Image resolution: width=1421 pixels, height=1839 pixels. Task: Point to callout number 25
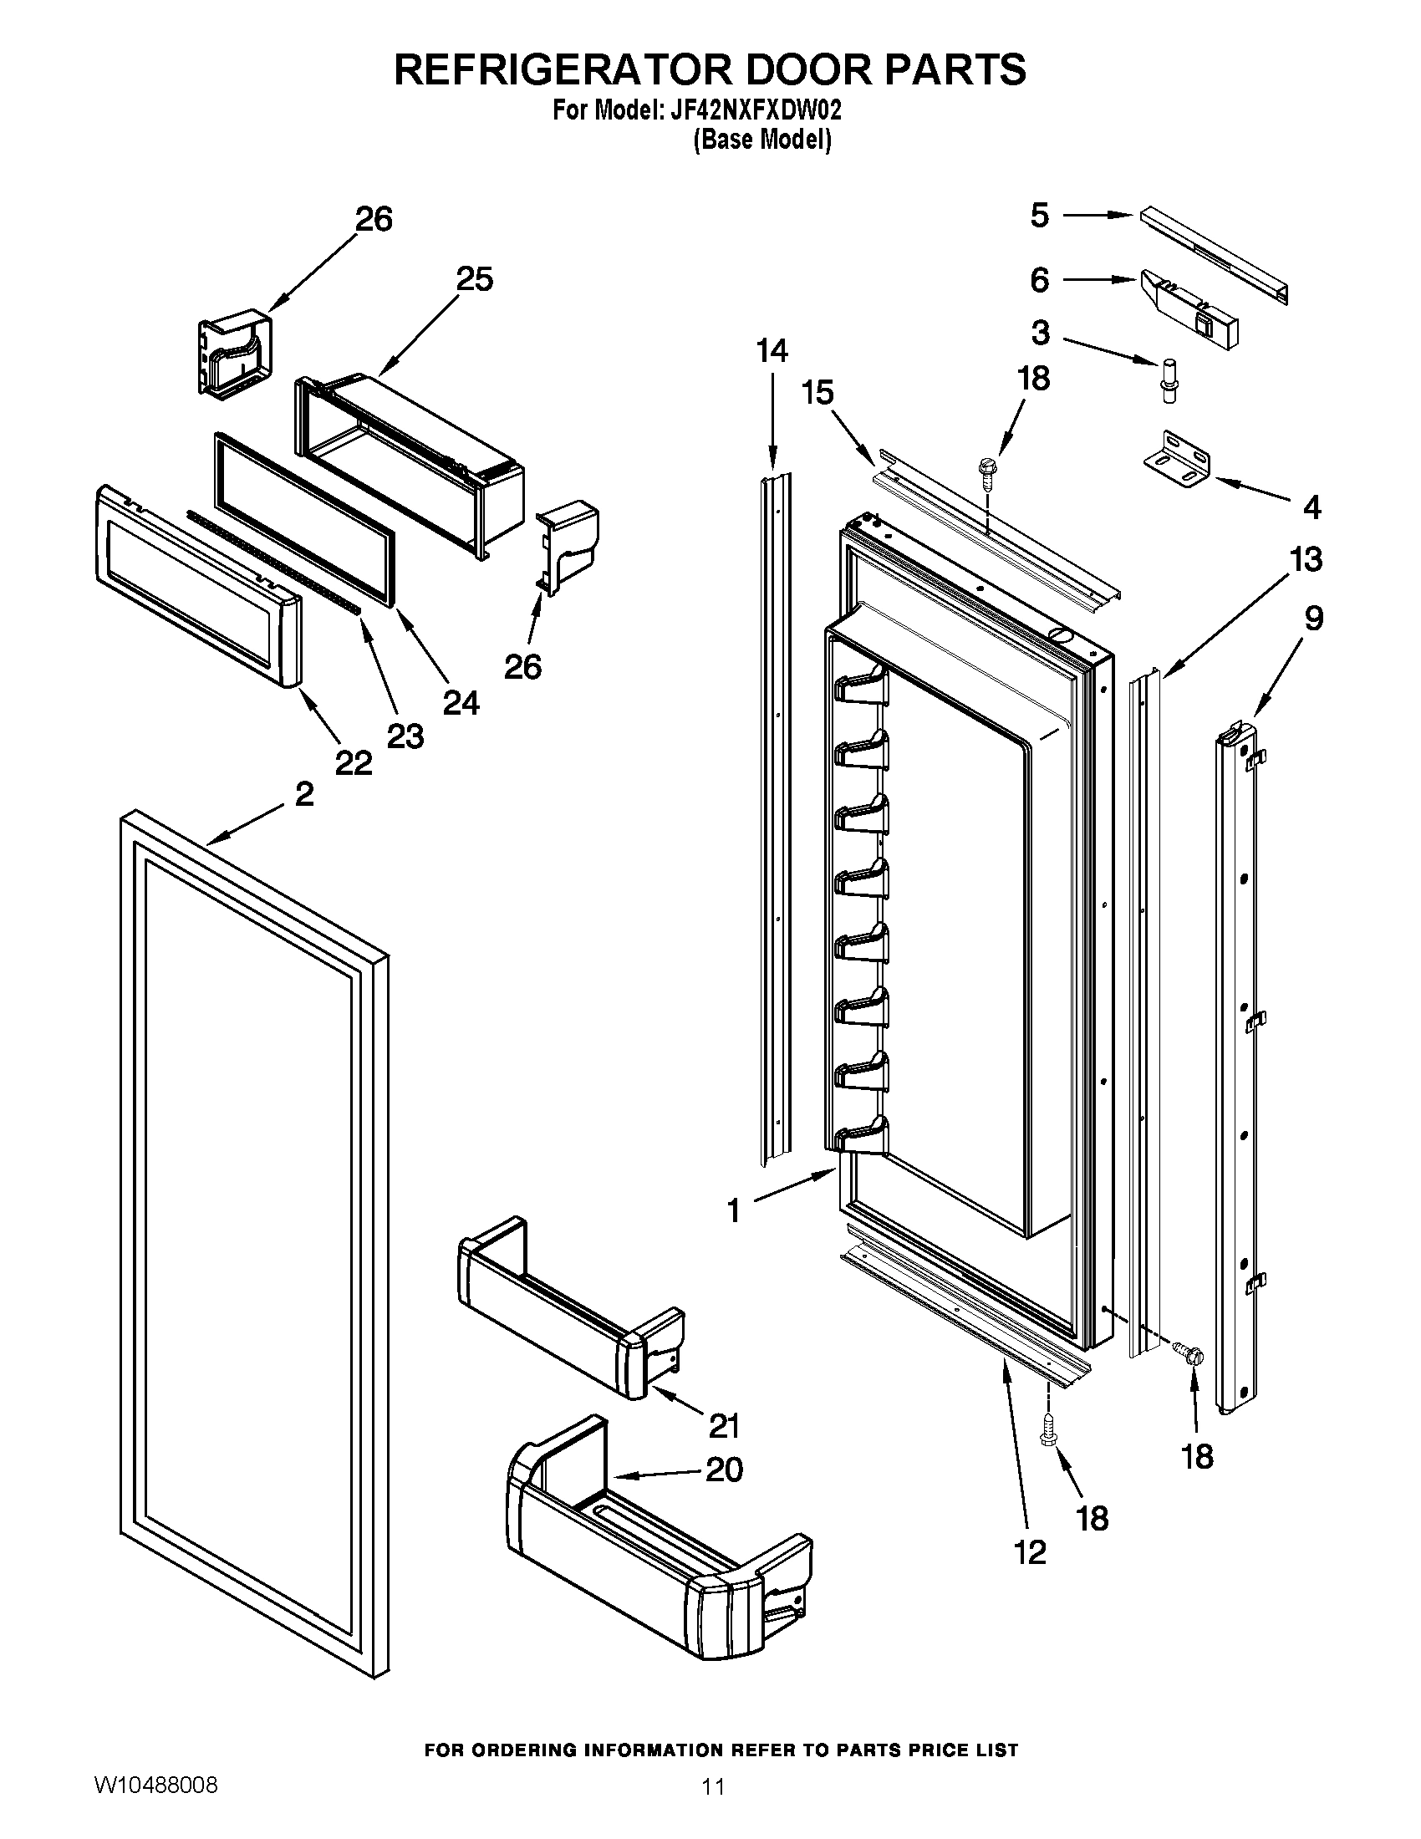point(474,279)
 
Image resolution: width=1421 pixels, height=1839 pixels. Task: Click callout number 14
point(772,351)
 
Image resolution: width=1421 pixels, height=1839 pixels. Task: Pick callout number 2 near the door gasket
point(304,794)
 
